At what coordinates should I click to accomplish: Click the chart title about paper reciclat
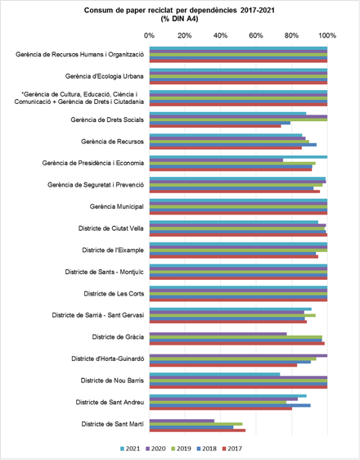[179, 15]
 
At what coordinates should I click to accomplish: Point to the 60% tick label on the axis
[256, 36]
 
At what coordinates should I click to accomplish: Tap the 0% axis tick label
[149, 36]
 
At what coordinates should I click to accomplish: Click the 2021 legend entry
[130, 449]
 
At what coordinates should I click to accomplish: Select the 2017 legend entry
[232, 449]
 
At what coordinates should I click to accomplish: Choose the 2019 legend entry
[181, 449]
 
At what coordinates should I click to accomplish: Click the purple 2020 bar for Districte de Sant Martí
[182, 421]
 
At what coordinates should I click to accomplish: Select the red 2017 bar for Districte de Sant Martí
[197, 431]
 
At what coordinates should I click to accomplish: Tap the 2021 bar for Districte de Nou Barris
[214, 374]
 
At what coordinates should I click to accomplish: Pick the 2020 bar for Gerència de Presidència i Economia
[216, 160]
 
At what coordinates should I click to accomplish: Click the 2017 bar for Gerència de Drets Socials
[215, 126]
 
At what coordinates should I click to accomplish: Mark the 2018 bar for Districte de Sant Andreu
[230, 405]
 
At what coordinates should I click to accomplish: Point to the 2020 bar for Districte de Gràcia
[218, 334]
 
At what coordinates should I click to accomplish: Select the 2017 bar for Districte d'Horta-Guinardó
[223, 365]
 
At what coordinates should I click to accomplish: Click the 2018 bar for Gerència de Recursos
[232, 145]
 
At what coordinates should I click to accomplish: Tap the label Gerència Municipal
[117, 207]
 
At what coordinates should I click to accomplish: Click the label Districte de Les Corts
[114, 294]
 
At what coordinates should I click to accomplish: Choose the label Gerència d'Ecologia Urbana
[105, 76]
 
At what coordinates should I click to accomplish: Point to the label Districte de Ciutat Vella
[110, 228]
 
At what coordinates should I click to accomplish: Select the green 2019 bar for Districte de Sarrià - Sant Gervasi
[232, 315]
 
